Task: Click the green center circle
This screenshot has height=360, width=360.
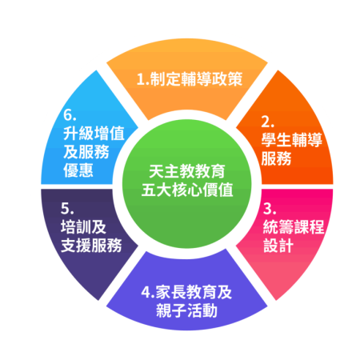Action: (187, 184)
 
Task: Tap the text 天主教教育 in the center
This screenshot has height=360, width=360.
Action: (187, 171)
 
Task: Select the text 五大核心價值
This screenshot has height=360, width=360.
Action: (187, 190)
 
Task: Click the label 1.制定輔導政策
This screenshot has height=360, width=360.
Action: (190, 79)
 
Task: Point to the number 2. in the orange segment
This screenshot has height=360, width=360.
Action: (267, 122)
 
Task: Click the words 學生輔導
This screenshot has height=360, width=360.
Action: (292, 140)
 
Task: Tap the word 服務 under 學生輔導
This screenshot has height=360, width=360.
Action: (276, 158)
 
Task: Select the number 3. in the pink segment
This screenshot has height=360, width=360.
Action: (270, 209)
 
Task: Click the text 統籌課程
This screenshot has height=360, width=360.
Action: (294, 227)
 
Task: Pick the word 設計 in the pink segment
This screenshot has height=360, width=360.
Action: (278, 246)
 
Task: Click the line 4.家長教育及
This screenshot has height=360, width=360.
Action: (186, 292)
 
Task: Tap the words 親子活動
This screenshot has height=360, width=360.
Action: (186, 310)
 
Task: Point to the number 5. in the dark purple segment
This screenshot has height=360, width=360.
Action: (67, 209)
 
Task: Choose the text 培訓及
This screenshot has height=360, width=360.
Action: (83, 227)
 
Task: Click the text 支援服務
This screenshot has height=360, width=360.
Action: (91, 246)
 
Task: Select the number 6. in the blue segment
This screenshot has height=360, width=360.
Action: (70, 114)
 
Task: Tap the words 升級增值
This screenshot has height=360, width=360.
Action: (94, 133)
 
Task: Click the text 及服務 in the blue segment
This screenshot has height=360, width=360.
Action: (86, 152)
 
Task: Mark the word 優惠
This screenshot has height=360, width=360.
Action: (78, 170)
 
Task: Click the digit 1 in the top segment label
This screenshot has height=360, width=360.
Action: (140, 79)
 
